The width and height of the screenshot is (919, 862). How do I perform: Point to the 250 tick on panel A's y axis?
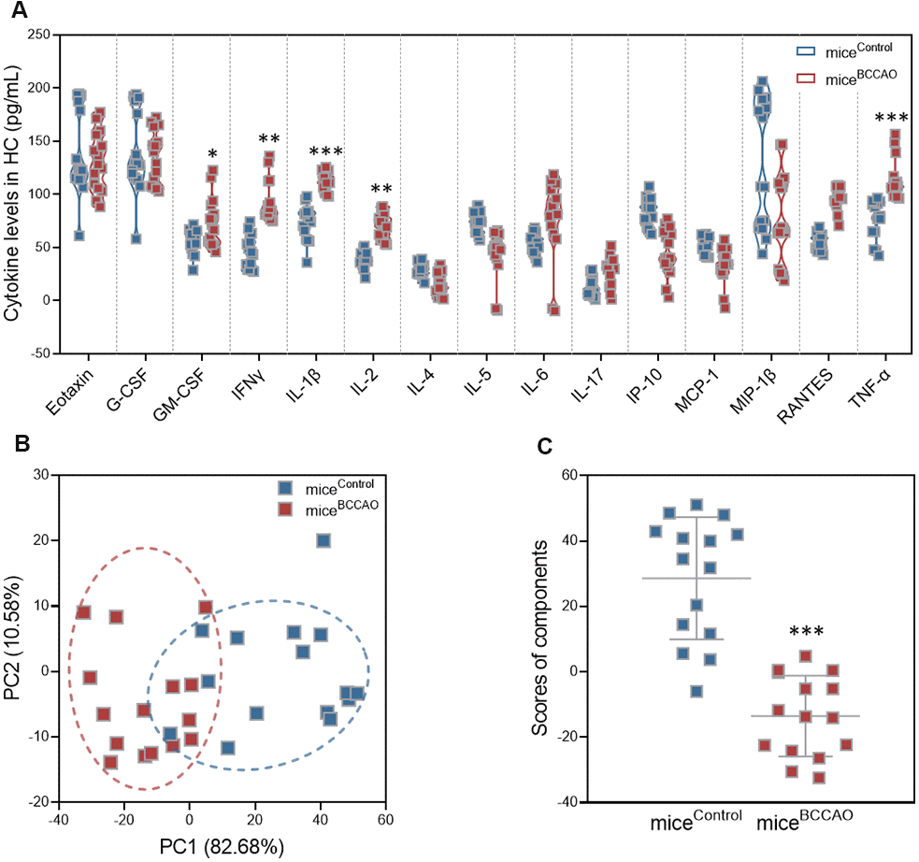[x=37, y=35]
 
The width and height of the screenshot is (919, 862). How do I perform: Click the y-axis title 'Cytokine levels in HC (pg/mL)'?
[x=12, y=194]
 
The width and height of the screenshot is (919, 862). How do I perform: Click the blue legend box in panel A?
[x=805, y=50]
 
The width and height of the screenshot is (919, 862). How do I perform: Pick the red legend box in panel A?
[x=805, y=79]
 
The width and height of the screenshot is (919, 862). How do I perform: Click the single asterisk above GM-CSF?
[x=212, y=154]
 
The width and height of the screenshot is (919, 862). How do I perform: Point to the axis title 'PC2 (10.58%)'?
[x=13, y=639]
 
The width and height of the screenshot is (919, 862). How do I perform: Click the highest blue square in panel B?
[x=323, y=540]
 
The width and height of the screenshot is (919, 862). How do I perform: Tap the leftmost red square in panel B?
[x=83, y=612]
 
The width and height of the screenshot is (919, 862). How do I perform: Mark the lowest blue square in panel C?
[x=696, y=691]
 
